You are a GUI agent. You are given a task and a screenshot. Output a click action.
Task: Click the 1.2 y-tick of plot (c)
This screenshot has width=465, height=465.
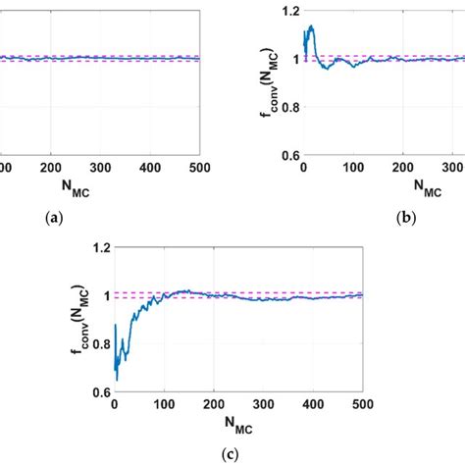(97, 247)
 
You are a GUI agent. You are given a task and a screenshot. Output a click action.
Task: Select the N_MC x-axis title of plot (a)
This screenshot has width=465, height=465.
(100, 188)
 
